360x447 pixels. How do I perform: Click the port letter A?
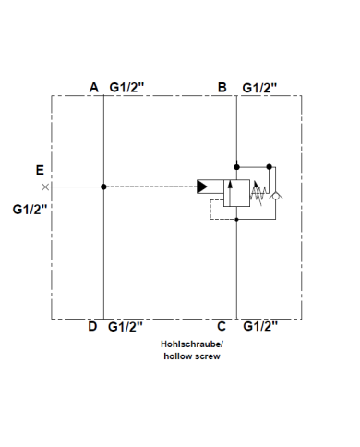93,87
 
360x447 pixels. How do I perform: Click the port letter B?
222,87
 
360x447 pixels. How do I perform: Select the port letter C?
222,326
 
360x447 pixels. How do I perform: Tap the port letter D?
92,326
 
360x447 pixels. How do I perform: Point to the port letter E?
39,169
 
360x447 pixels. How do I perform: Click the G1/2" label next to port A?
126,87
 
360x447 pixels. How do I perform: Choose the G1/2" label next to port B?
259,87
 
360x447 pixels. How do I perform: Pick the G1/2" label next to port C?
259,326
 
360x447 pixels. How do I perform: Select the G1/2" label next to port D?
126,326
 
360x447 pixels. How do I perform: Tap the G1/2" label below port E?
30,209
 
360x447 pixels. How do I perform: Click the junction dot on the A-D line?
103,187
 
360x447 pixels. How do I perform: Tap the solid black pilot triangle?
202,187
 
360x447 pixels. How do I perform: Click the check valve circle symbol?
279,195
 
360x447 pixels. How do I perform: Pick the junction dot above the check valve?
270,167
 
